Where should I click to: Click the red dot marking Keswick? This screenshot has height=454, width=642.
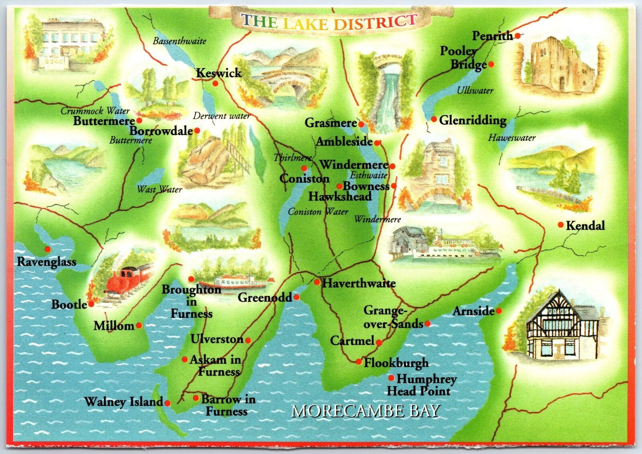[x=215, y=83]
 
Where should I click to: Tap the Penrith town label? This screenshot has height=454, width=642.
[x=492, y=36]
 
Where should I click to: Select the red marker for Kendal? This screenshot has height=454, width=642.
[x=561, y=225]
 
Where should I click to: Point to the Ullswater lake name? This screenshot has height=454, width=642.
[x=475, y=91]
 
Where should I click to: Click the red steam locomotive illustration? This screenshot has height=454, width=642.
[x=124, y=279]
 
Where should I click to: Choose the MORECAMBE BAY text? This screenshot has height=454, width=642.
[x=366, y=411]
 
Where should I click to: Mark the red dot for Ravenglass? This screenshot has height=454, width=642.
[x=48, y=249]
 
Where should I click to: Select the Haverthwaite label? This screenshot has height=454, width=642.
[x=359, y=283]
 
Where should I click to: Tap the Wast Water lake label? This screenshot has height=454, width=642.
[x=159, y=189]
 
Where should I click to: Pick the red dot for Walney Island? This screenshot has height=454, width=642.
[x=168, y=403]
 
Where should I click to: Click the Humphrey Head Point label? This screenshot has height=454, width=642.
[x=421, y=385]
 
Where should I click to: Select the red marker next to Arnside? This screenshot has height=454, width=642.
[x=499, y=311]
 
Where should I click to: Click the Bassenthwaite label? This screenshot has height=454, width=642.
[x=179, y=41]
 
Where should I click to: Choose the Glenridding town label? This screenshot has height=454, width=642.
[x=472, y=120]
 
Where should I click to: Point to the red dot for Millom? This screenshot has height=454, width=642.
[x=139, y=325]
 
